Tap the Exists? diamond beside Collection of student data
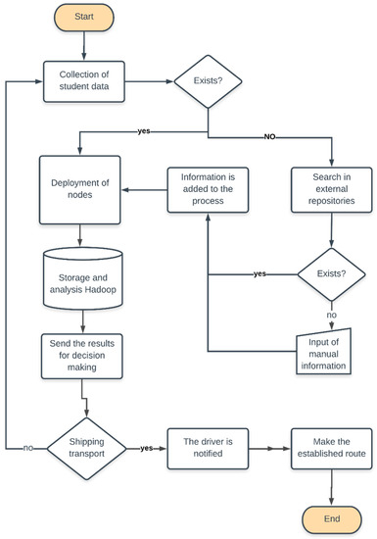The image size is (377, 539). point(209,80)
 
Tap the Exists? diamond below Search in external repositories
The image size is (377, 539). point(331,273)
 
